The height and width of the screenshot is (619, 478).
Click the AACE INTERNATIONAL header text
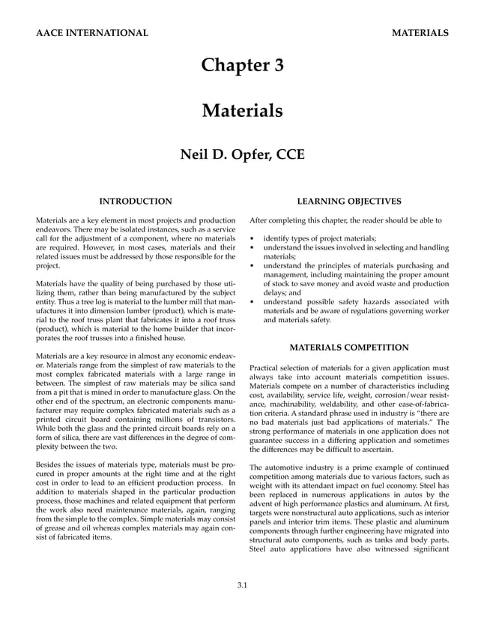[x=91, y=33]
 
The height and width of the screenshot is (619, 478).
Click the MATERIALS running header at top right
[x=420, y=33]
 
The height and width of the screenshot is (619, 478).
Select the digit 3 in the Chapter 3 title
[x=278, y=65]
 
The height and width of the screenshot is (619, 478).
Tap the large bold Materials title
[x=242, y=112]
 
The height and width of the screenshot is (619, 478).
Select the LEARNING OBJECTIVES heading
[x=349, y=201]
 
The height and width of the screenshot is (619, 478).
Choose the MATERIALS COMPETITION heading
[x=349, y=348]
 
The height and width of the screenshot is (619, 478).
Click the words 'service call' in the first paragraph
[x=218, y=229]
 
